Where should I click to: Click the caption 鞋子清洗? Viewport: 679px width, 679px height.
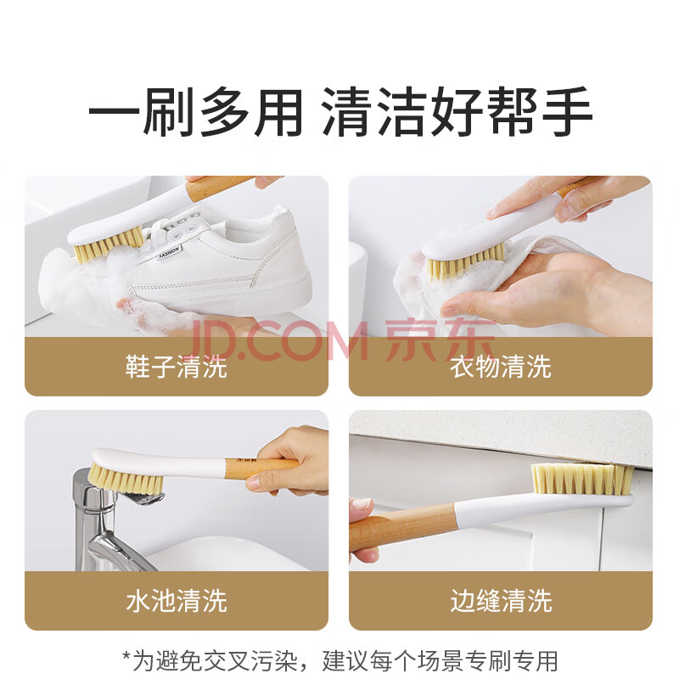tap(177, 367)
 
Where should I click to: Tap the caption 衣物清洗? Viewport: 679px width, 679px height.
tap(501, 367)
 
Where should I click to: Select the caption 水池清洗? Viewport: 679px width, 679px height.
tap(177, 601)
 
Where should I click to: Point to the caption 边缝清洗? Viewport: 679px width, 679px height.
tap(501, 601)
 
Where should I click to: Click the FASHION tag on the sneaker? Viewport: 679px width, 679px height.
tap(169, 251)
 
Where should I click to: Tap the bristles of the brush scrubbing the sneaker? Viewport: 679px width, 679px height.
tap(108, 245)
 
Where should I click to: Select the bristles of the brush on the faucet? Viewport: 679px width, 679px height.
tap(125, 480)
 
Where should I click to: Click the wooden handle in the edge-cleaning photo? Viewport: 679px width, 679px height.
tap(401, 525)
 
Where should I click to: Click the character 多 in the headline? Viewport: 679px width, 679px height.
tap(224, 112)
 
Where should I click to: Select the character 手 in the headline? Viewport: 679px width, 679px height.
tap(567, 112)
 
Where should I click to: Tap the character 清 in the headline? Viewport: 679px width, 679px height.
tap(347, 112)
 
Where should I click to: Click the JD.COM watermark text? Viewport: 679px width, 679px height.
tap(278, 341)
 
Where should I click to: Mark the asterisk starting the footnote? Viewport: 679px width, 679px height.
tap(126, 655)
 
